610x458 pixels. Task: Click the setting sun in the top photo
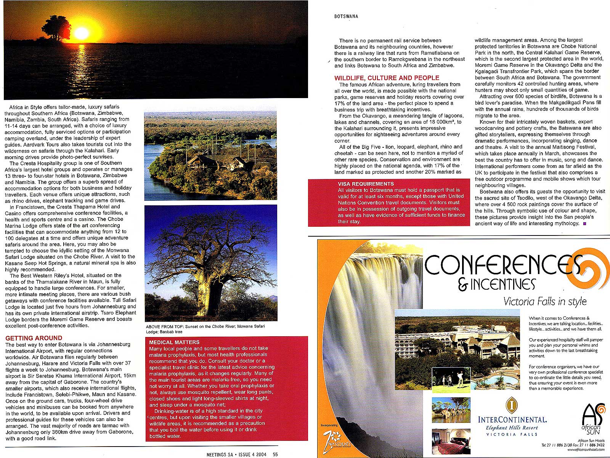coord(81,34)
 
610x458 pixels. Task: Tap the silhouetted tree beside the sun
coord(56,27)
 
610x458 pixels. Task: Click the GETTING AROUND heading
coord(34,338)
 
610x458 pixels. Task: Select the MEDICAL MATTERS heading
coord(174,342)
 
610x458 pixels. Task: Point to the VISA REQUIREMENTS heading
coord(366,184)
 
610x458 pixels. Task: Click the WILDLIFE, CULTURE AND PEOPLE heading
coord(387,78)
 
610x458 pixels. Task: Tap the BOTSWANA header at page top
coord(346,16)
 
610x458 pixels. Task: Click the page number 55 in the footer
coord(275,454)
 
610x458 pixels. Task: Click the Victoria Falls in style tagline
coord(545,302)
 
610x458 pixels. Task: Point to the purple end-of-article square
coord(584,223)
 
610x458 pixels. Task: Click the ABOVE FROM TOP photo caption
coord(205,329)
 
